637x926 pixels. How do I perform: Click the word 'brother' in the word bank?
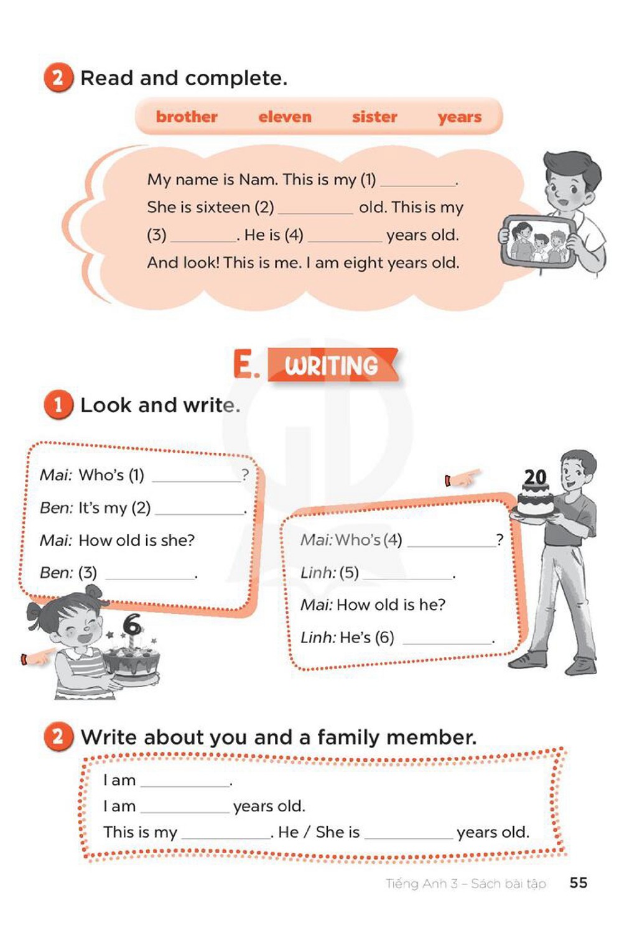tap(187, 116)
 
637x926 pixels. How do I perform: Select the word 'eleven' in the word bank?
tap(285, 116)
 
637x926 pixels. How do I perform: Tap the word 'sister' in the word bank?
tap(374, 116)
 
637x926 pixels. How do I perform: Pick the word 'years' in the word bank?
tap(460, 118)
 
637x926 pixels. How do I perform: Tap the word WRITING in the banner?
tap(332, 366)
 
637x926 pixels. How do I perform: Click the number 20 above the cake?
tap(535, 477)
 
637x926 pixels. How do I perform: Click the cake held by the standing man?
tap(535, 501)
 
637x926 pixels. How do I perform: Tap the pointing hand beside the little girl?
tap(38, 657)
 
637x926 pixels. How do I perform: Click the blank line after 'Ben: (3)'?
tap(150, 578)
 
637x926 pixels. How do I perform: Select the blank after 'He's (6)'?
tap(447, 643)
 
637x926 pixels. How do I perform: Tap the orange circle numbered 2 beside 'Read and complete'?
tap(58, 77)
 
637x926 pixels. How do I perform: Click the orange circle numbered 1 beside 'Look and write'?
tap(58, 404)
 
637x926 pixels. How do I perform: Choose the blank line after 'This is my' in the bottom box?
tap(226, 838)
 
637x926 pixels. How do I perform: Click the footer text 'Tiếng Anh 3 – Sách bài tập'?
tap(466, 884)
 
